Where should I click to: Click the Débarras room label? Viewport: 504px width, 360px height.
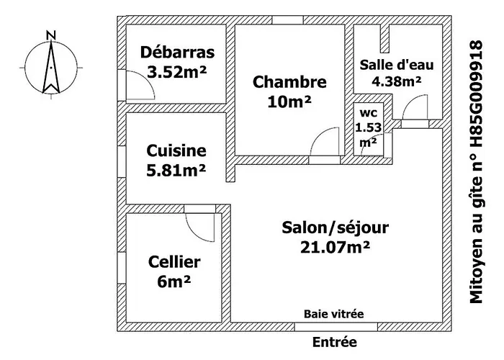pos(178,53)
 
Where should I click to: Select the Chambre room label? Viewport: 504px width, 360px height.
pos(289,82)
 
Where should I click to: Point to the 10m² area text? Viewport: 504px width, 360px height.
pos(289,102)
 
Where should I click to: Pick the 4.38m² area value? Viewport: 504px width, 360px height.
pos(396,81)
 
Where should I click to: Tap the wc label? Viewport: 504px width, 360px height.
pos(368,114)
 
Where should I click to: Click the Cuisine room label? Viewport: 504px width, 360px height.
pos(176,151)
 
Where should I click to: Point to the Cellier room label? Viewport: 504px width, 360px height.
pos(174,261)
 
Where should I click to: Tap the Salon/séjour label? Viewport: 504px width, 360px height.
pos(336,228)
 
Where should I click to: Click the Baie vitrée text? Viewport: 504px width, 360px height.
pos(333,313)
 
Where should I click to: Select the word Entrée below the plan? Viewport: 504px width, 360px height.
pos(334,343)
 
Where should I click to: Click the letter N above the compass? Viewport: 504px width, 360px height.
pos(50,34)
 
